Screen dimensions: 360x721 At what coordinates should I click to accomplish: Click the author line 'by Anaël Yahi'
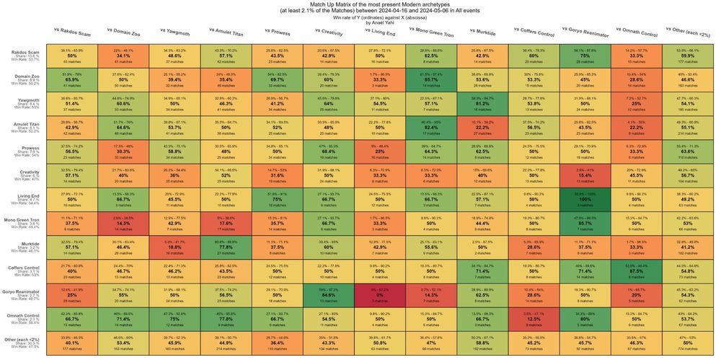(360, 23)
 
